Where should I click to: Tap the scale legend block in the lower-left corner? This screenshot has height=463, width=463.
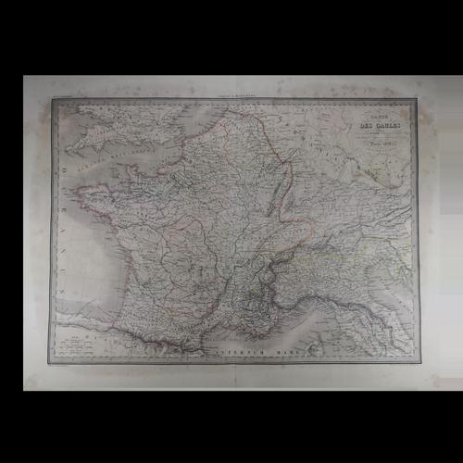(74, 344)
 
